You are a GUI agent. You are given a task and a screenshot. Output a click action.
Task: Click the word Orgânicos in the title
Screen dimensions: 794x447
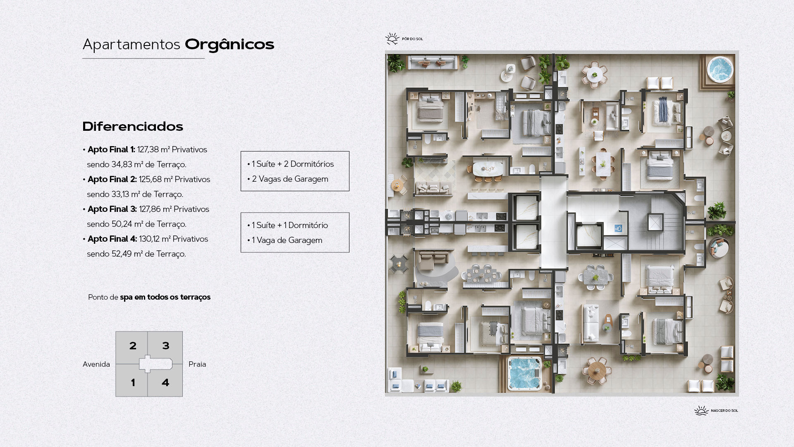[230, 45]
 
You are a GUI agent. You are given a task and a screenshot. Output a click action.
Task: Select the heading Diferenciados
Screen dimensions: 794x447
[133, 127]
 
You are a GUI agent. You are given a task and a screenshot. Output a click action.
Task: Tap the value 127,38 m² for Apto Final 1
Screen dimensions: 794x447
[153, 149]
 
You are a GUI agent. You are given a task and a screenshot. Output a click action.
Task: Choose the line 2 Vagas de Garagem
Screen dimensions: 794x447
[290, 179]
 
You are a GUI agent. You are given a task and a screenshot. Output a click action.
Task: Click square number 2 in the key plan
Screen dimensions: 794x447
[133, 346]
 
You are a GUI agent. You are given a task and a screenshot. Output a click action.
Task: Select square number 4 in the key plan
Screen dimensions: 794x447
[165, 382]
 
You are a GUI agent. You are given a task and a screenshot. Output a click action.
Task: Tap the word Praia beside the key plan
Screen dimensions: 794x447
[197, 364]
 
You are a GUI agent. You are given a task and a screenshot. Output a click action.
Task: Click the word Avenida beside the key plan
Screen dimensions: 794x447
[96, 364]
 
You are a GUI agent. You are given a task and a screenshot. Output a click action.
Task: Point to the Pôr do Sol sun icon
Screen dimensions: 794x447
[392, 39]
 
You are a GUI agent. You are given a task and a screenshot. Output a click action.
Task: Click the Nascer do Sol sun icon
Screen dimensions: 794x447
[701, 410]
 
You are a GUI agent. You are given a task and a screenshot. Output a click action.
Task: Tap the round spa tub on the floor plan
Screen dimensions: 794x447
[720, 69]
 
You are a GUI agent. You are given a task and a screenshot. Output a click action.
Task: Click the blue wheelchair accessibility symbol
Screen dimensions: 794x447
[618, 228]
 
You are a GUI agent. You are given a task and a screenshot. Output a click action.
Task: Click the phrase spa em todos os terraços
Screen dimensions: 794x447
[165, 297]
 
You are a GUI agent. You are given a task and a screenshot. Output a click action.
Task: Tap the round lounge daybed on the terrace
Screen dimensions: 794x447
[719, 248]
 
